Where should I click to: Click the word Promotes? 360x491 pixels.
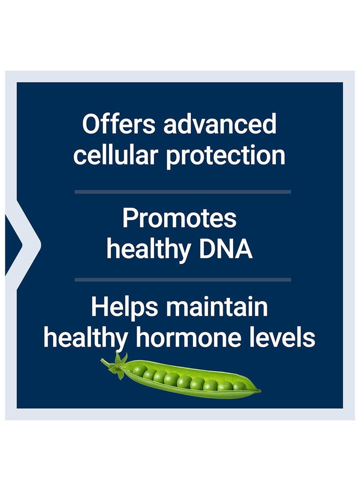click(x=179, y=218)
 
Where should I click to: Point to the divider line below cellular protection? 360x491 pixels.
click(x=183, y=192)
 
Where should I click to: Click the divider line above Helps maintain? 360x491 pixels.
click(x=183, y=279)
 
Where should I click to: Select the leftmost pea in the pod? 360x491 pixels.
click(x=139, y=371)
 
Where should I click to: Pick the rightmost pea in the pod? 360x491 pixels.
click(x=239, y=386)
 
